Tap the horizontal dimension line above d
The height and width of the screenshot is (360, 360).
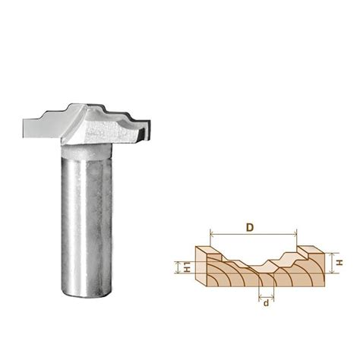coord(265,295)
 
